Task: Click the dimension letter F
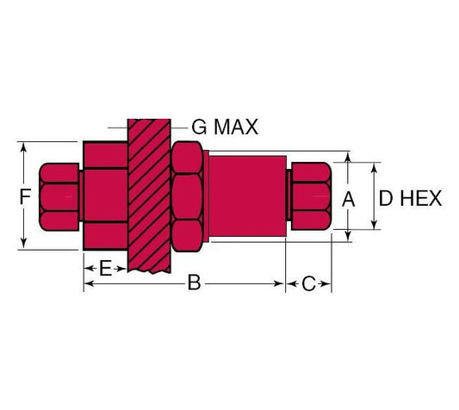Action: [x=25, y=196]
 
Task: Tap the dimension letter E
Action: [x=105, y=268]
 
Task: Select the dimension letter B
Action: [x=194, y=283]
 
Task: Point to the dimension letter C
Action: [x=308, y=283]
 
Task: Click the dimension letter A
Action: [x=349, y=200]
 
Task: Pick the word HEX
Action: [x=420, y=198]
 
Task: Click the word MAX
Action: [x=236, y=127]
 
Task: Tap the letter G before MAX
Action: [x=199, y=127]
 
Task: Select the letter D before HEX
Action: [x=386, y=198]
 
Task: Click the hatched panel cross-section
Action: [x=149, y=196]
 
